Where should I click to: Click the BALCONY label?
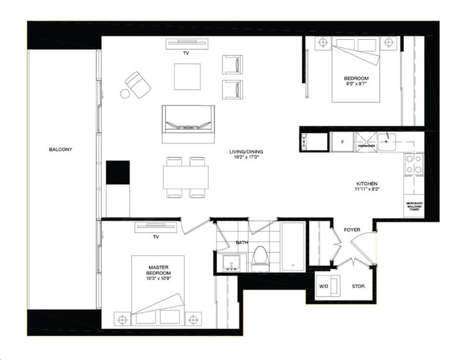[x=60, y=150]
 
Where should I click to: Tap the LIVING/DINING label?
[x=247, y=152]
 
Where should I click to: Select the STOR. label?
[x=358, y=286]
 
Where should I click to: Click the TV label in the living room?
[x=186, y=53]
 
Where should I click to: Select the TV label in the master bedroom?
[x=155, y=237]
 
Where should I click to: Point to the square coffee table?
[x=188, y=77]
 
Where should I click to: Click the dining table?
[x=186, y=176]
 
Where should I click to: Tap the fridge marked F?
[x=342, y=141]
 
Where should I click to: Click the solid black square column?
[x=118, y=173]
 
